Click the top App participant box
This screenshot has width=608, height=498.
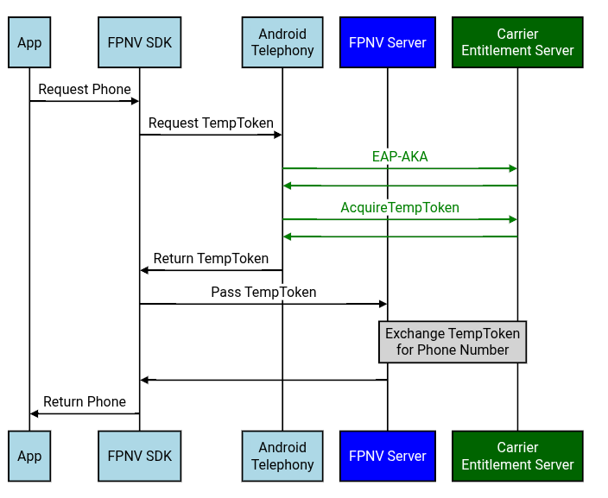(x=29, y=42)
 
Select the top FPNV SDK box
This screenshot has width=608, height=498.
(x=140, y=42)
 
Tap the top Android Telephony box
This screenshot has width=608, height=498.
(x=282, y=42)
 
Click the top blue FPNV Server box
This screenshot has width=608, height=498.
(x=387, y=42)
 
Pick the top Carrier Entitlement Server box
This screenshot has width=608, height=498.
(x=517, y=42)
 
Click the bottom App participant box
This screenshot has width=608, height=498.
(x=29, y=456)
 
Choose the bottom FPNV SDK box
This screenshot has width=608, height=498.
(x=140, y=456)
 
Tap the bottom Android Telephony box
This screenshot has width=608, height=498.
(x=282, y=456)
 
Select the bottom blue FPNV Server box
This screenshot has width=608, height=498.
(x=387, y=456)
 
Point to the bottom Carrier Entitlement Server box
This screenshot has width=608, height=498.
(x=517, y=456)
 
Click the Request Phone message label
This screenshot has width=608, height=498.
(x=85, y=90)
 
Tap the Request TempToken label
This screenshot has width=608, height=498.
(x=211, y=123)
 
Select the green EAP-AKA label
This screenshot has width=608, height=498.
(x=400, y=157)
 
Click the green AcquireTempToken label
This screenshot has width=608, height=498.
(x=400, y=208)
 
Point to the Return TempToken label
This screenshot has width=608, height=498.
(x=211, y=259)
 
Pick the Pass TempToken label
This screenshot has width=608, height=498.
(x=263, y=293)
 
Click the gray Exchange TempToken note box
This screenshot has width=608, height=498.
(x=453, y=342)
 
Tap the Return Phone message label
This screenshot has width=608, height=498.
(x=85, y=402)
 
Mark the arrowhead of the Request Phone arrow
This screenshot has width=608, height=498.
(x=135, y=101)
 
